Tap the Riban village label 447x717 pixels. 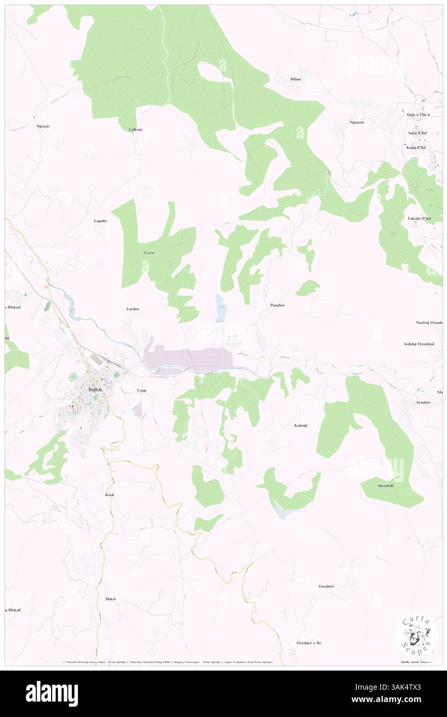click(296, 79)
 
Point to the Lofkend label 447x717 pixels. click(136, 129)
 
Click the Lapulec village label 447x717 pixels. click(101, 221)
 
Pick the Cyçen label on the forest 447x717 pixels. click(149, 253)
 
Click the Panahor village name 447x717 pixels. click(277, 305)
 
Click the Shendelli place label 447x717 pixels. click(386, 485)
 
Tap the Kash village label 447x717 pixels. click(109, 495)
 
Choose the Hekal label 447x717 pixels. click(110, 599)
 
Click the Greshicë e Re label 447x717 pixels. click(309, 643)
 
